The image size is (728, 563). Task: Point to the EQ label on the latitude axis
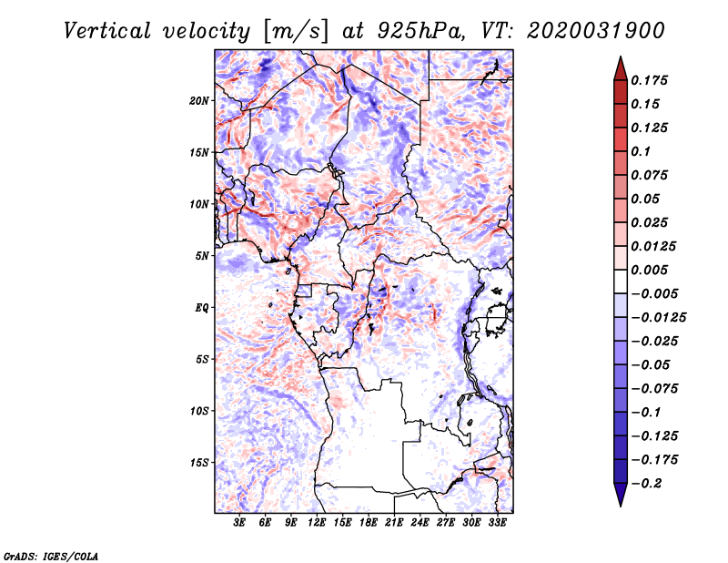[x=202, y=308]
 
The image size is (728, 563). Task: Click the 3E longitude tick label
[x=240, y=524]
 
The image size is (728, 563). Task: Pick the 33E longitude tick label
[x=497, y=524]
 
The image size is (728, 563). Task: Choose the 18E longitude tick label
[x=369, y=524]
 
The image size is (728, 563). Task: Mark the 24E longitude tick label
[x=420, y=524]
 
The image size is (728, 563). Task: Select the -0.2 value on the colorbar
[x=650, y=483]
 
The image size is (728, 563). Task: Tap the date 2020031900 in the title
[x=590, y=31]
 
